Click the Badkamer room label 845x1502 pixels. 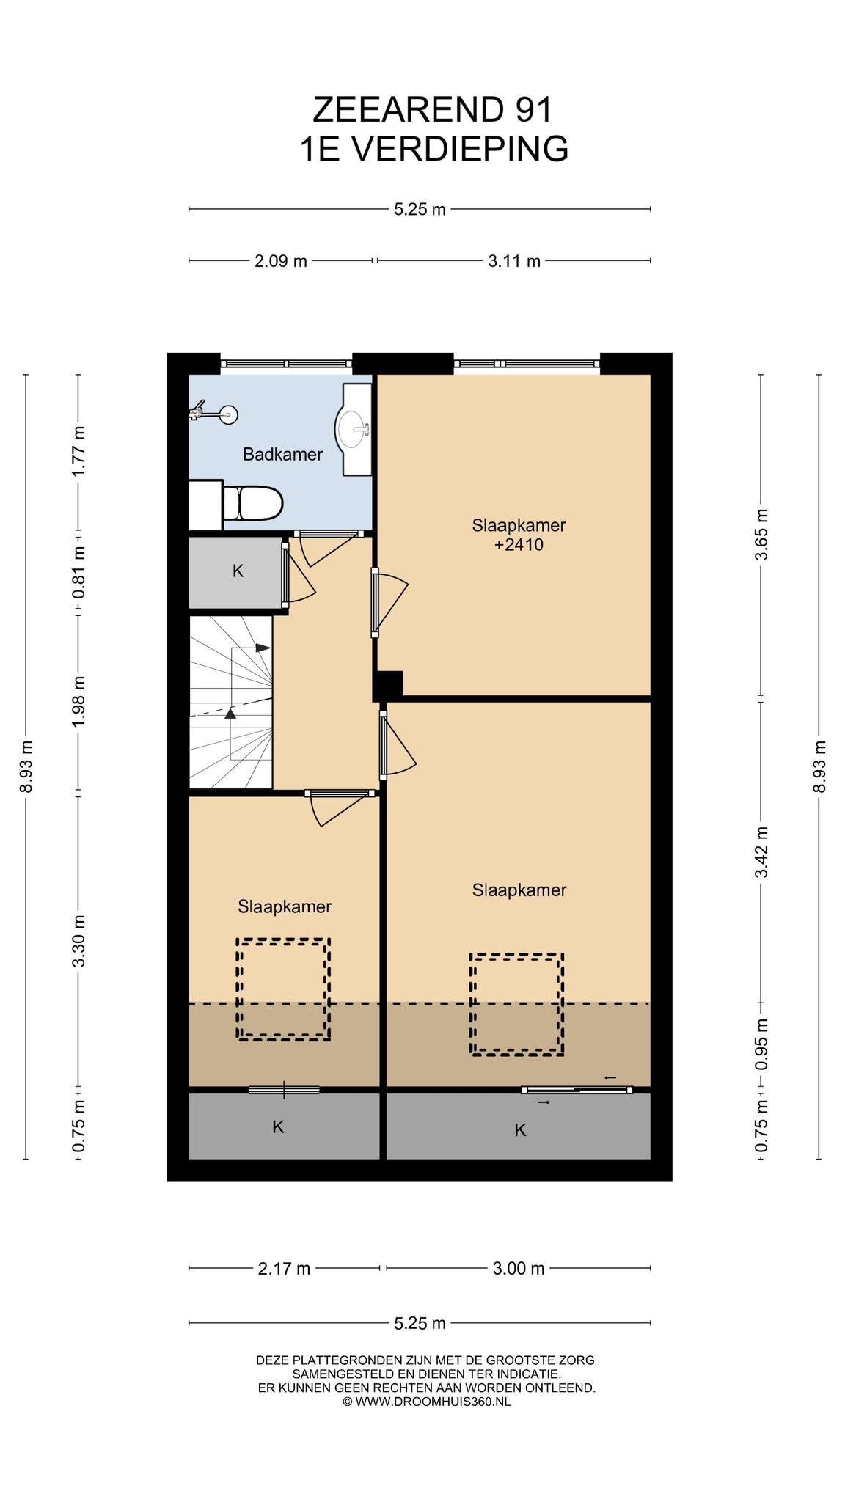tap(282, 455)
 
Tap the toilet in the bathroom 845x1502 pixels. tap(253, 504)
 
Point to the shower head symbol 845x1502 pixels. tap(213, 414)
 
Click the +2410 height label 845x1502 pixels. tap(519, 545)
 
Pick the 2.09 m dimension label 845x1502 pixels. tap(280, 261)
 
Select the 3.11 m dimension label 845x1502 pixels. tap(514, 261)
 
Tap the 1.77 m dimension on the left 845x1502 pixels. tap(79, 450)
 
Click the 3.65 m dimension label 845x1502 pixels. tap(761, 534)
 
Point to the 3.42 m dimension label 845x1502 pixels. tap(761, 852)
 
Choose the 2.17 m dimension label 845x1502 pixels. tap(284, 1268)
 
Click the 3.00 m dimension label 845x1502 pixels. tap(519, 1268)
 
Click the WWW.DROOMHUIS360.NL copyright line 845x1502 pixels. tap(426, 1402)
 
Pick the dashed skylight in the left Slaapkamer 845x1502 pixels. tap(283, 989)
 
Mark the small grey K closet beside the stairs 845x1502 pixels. tap(236, 572)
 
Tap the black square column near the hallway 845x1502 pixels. tap(388, 686)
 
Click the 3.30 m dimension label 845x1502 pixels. tap(79, 941)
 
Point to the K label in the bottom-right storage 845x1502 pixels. tap(520, 1130)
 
